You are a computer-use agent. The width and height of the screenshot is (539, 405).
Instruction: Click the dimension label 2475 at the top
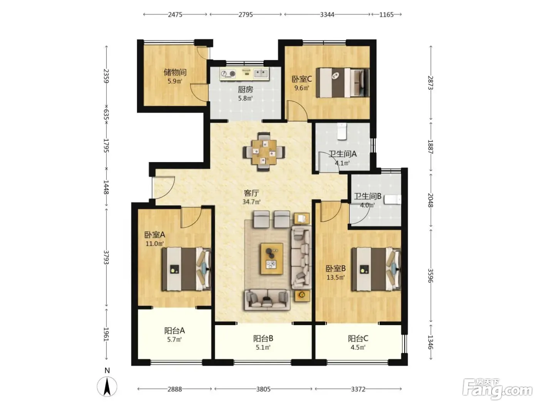point(175,15)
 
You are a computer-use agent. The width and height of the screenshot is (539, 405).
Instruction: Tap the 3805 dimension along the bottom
point(263,389)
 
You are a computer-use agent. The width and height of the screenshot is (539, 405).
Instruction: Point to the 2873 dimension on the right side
point(430,83)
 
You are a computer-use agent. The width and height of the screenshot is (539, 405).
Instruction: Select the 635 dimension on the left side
point(106,114)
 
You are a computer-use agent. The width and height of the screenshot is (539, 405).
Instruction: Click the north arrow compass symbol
point(107,386)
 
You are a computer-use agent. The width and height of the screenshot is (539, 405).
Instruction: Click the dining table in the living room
point(264,152)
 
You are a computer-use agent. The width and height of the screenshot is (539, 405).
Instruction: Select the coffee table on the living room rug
point(271,258)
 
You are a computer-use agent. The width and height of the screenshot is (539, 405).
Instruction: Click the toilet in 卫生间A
point(342,131)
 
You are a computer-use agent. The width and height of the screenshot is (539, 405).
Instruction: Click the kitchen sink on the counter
point(261,73)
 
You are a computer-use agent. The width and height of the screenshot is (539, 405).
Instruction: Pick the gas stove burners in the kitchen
point(228,74)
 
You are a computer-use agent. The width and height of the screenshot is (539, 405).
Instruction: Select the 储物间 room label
point(175,72)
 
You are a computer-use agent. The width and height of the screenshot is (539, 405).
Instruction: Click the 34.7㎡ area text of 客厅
point(251,202)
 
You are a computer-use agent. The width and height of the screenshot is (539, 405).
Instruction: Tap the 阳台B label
point(263,339)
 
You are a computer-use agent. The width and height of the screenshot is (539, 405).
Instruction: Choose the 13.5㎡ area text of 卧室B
point(335,277)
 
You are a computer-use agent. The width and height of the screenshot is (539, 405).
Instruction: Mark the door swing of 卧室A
point(191,218)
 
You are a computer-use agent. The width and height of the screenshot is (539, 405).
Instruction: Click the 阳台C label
point(358,339)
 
